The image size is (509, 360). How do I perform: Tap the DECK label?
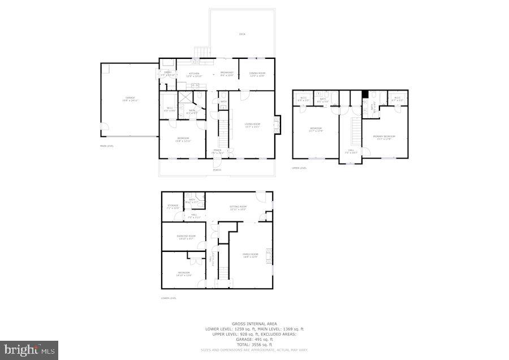(x=242, y=35)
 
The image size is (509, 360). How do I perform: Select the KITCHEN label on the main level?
(x=194, y=74)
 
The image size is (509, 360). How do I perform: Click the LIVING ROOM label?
(x=252, y=125)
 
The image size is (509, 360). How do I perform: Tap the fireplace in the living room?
(x=277, y=123)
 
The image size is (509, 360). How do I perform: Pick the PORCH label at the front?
(x=217, y=170)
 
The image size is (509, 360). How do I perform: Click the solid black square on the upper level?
(x=365, y=94)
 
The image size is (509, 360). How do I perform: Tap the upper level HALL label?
(x=351, y=151)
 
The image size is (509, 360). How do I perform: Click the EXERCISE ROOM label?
(x=186, y=237)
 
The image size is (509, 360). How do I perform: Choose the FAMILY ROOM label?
(x=250, y=255)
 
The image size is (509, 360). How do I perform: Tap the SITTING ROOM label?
(x=238, y=208)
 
